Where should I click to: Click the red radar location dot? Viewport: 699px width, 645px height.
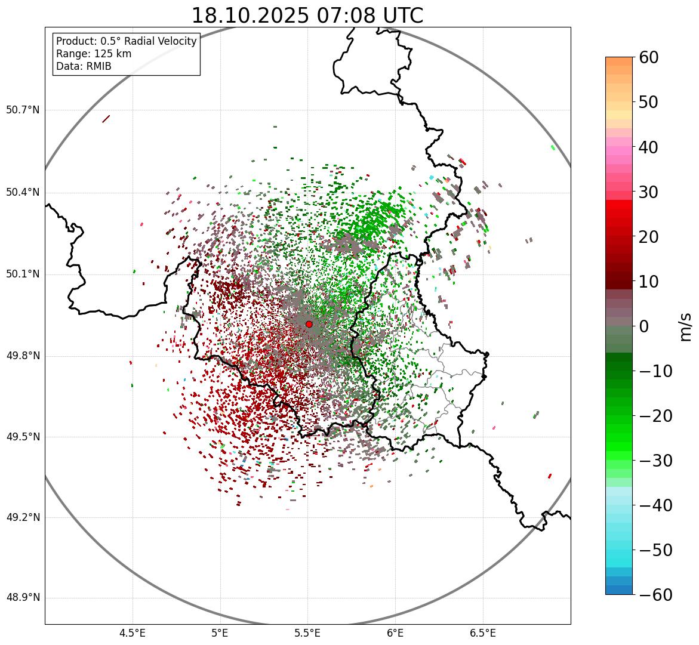pyautogui.click(x=309, y=324)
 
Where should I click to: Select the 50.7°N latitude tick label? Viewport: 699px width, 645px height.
pyautogui.click(x=23, y=110)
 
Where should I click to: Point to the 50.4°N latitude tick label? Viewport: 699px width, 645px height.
pyautogui.click(x=23, y=192)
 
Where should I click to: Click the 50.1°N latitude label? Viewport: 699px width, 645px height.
pyautogui.click(x=23, y=274)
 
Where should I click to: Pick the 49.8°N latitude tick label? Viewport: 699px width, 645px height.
pyautogui.click(x=23, y=356)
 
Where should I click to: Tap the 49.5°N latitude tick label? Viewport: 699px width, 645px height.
pyautogui.click(x=23, y=437)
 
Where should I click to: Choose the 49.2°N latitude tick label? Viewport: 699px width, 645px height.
pyautogui.click(x=23, y=517)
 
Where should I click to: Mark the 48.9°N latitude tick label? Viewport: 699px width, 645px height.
pyautogui.click(x=23, y=598)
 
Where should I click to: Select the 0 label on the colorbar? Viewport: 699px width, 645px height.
pyautogui.click(x=644, y=326)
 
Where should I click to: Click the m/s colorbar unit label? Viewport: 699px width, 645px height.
pyautogui.click(x=686, y=326)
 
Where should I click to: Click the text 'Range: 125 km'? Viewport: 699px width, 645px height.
pyautogui.click(x=94, y=54)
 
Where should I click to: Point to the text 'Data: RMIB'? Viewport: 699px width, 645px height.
pyautogui.click(x=84, y=66)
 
